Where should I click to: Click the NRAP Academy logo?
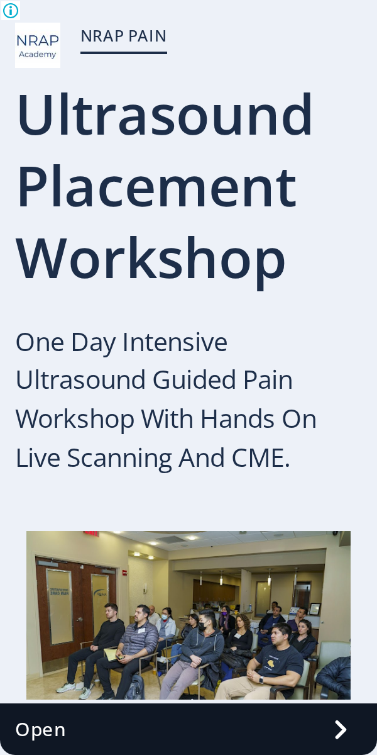click(38, 45)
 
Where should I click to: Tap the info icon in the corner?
click(11, 11)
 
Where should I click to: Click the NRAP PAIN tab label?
click(124, 36)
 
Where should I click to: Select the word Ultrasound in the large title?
click(165, 115)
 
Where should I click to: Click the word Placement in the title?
click(157, 186)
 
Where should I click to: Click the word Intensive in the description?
click(175, 342)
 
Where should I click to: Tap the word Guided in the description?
click(194, 380)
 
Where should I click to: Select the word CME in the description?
click(261, 458)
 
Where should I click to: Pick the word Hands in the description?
click(238, 419)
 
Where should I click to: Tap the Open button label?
click(40, 730)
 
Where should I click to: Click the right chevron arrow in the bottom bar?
click(341, 730)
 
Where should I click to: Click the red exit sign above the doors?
click(91, 534)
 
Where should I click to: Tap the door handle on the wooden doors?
click(79, 620)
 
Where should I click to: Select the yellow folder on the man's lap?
click(111, 654)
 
